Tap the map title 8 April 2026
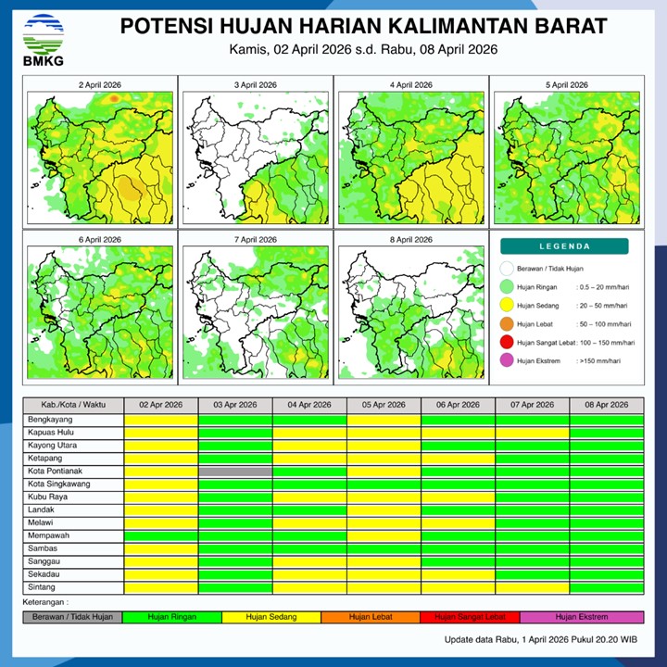410,240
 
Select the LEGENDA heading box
564,246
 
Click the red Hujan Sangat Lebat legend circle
507,342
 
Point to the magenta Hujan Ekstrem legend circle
507,360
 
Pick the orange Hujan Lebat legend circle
507,324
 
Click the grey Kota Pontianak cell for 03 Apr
235,472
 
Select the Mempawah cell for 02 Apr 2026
161,535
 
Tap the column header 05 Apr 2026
384,406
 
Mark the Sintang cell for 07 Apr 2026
532,587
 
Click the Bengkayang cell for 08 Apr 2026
606,420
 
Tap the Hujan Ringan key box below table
172,617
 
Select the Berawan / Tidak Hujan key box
72,617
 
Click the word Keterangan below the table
47,603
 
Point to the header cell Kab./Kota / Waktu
73,406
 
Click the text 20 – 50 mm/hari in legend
605,306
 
